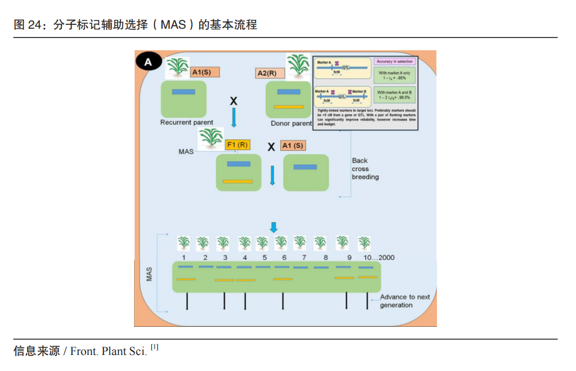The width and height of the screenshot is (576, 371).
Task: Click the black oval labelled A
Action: [x=148, y=62]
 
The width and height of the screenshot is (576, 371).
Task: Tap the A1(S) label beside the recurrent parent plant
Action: [x=205, y=72]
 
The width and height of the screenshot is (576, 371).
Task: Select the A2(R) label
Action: [x=270, y=73]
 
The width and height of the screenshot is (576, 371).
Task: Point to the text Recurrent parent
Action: [x=186, y=122]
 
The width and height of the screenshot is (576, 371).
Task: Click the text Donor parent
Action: [x=291, y=124]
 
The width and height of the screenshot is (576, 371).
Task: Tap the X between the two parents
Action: [x=233, y=101]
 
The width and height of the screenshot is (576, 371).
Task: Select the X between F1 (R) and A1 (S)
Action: [x=271, y=146]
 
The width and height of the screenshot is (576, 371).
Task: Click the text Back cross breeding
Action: [x=365, y=169]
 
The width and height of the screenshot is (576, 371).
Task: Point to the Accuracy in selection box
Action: [x=394, y=61]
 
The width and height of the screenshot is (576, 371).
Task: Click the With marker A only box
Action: [x=394, y=75]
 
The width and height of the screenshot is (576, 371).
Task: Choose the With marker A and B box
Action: [x=394, y=95]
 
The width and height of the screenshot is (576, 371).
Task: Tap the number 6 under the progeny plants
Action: [x=284, y=258]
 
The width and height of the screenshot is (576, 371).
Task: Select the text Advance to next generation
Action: [x=404, y=301]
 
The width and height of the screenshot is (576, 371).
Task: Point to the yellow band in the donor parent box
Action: [x=289, y=107]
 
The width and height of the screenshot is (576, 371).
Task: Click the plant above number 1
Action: [x=183, y=243]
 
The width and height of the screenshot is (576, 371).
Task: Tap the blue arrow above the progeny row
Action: [x=274, y=227]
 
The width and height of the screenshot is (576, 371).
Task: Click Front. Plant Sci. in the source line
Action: [x=109, y=351]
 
